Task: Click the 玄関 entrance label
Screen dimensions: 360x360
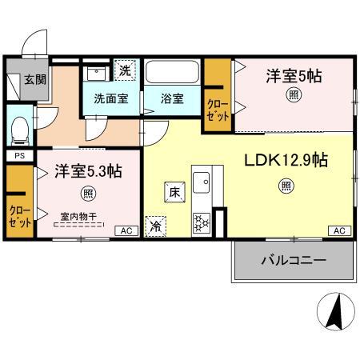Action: [33, 79]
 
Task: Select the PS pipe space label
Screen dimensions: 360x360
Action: [19, 156]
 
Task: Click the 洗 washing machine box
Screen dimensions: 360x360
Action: [125, 70]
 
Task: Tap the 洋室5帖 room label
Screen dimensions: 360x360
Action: [294, 77]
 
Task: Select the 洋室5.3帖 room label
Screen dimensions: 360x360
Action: [87, 172]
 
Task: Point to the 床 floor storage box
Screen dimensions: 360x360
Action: [175, 191]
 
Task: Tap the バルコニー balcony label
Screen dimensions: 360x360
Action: [292, 260]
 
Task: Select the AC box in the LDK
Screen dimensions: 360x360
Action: [338, 230]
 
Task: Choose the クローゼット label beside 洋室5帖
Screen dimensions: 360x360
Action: [217, 109]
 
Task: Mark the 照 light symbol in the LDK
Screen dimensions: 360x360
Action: [286, 186]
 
